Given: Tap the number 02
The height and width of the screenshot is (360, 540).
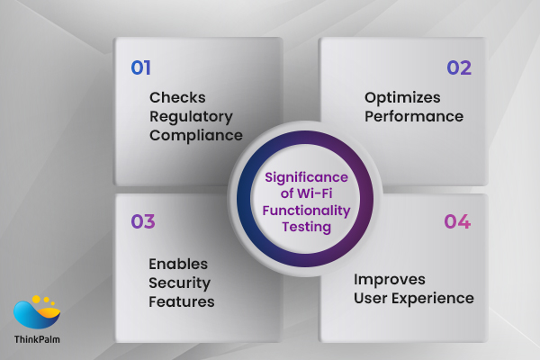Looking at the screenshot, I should pos(459,67).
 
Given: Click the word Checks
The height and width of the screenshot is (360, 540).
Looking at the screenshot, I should pos(177,97).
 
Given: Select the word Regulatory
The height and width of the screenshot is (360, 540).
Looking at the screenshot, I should pos(190,117).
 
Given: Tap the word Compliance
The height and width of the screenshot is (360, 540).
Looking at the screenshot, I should pos(196,136).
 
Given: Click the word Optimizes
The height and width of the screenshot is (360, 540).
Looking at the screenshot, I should pos(401,97).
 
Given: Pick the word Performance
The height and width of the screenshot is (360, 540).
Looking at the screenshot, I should pos(414,116).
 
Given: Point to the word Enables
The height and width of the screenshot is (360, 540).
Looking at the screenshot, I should pos(178,264).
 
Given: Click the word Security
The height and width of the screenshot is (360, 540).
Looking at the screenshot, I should pos(178,283).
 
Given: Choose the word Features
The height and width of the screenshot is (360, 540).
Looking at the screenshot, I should pos(182,301).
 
